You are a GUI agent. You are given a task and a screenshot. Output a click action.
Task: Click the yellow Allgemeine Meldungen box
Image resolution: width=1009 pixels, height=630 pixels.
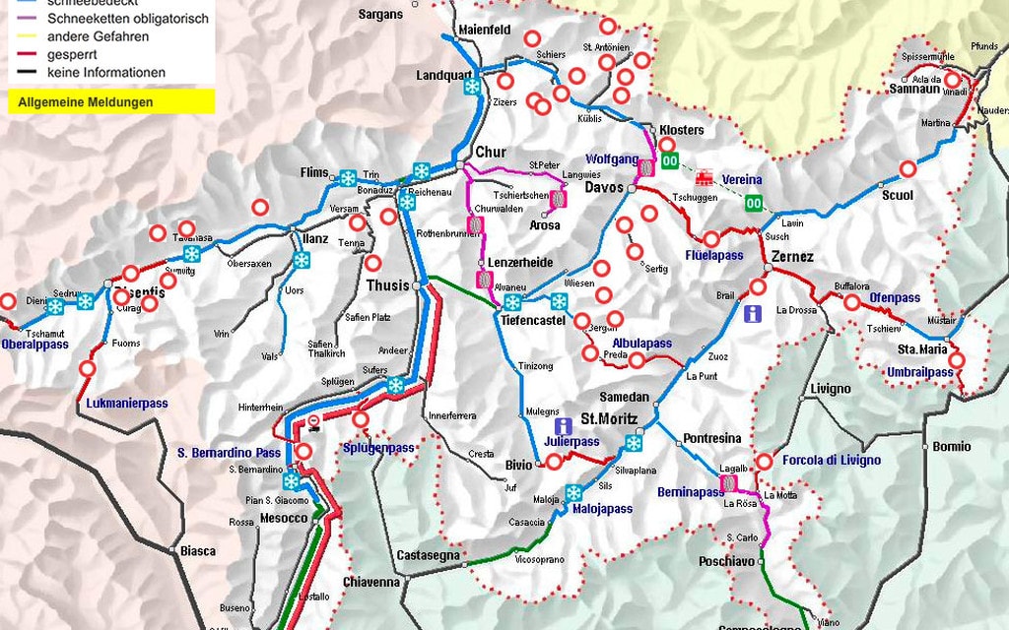click(x=110, y=101)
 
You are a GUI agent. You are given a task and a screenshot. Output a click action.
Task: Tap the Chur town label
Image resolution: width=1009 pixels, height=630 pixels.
click(x=490, y=153)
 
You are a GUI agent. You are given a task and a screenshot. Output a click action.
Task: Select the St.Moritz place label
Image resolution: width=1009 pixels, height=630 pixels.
click(x=608, y=418)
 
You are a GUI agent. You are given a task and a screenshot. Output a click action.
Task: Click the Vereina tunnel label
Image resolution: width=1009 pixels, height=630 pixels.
click(x=741, y=179)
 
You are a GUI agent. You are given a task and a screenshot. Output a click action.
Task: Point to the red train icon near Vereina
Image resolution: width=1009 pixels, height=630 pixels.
click(x=704, y=178)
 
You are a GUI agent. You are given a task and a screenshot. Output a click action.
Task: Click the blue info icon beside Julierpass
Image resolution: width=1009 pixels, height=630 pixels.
click(x=563, y=425)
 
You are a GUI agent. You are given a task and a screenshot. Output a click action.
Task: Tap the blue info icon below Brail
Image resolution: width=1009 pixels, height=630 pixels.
click(x=752, y=314)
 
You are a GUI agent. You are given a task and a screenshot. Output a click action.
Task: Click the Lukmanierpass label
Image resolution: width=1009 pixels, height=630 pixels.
click(x=127, y=404)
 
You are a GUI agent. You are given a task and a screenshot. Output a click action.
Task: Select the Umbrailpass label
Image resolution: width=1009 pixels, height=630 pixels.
click(x=918, y=372)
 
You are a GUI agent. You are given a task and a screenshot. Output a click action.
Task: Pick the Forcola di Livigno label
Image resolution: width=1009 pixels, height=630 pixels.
click(x=832, y=460)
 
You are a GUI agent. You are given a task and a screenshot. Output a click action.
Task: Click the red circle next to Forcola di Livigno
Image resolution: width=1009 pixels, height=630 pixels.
click(x=764, y=461)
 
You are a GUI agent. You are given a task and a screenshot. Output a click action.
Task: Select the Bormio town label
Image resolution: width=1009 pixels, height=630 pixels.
click(x=951, y=446)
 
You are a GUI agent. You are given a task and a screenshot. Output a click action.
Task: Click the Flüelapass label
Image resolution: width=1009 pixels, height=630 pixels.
click(x=713, y=255)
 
